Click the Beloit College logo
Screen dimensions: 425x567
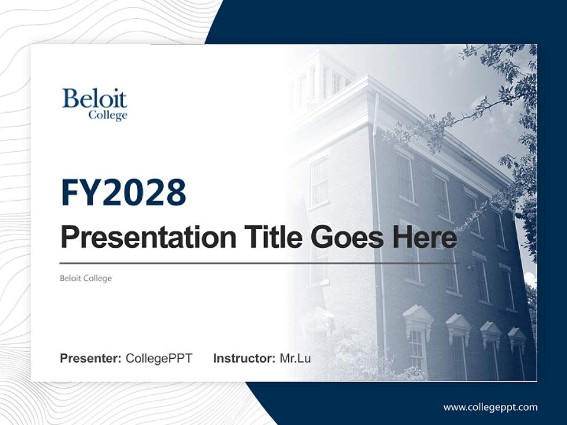coord(94,104)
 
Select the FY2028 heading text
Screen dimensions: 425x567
coord(123,192)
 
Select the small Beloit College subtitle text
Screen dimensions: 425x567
coord(86,278)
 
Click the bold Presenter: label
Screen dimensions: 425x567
coord(91,358)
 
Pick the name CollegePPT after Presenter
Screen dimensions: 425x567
coord(159,358)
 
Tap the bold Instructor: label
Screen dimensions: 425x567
coord(244,358)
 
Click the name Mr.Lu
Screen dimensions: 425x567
coord(295,358)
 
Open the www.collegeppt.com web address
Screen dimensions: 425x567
coord(490,407)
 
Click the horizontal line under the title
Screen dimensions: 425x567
coord(258,263)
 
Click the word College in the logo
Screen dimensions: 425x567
coord(107,115)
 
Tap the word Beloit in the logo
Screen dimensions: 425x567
coord(94,99)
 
